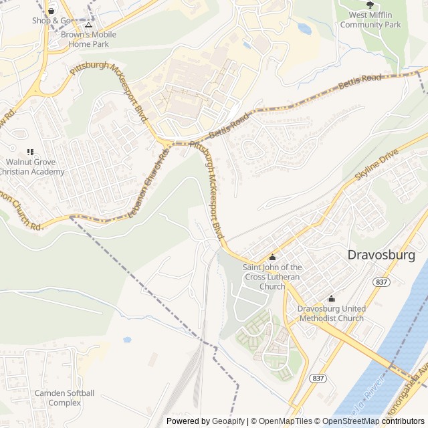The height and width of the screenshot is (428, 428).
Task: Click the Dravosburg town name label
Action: pos(381,255)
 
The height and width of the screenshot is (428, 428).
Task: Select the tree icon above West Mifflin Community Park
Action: pos(370,5)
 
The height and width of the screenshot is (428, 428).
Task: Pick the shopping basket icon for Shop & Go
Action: pos(51,11)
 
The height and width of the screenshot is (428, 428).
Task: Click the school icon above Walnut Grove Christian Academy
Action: pos(29,152)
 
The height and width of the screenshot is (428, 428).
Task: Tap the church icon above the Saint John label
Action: pos(272,258)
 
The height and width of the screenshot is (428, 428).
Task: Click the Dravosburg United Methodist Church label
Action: pos(332,314)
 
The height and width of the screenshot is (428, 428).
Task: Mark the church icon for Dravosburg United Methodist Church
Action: pos(332,299)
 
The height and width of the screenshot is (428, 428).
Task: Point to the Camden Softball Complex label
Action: pos(64,397)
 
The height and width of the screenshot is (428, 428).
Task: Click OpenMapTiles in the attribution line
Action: pos(284,421)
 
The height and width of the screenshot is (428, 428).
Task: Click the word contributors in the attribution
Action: pos(403,421)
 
